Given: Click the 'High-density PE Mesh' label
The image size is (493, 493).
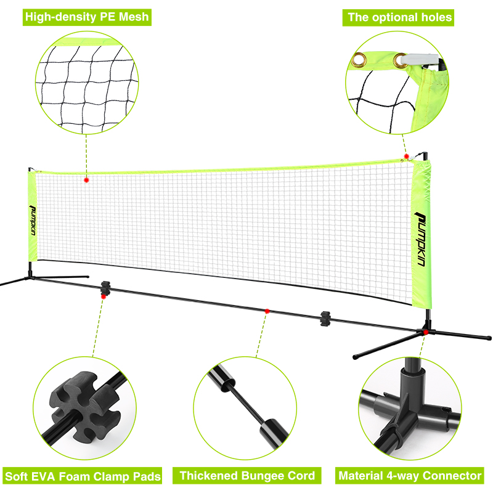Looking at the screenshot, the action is (x=87, y=17).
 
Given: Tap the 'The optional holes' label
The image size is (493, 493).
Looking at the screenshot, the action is (x=398, y=18).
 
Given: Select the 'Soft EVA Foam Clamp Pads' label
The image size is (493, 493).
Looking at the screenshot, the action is (x=83, y=476).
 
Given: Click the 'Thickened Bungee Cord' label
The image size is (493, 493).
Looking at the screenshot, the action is (x=247, y=476).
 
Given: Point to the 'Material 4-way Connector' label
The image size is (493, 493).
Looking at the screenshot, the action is (x=410, y=476).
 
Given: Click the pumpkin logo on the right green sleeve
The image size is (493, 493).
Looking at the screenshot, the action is (x=421, y=239).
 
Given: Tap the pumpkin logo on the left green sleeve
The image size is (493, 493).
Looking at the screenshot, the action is (x=33, y=220).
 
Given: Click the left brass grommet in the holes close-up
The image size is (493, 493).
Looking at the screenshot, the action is (x=359, y=59).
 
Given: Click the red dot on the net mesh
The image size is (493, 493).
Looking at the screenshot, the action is (x=86, y=180).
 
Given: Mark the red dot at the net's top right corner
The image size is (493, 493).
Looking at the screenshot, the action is (x=407, y=157).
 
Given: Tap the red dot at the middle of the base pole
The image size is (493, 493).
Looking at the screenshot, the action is (x=267, y=311).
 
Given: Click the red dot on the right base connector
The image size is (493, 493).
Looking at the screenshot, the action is (x=426, y=332).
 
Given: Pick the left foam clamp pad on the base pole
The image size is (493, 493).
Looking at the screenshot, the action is (x=105, y=288).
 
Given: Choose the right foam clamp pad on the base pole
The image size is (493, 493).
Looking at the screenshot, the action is (x=325, y=319).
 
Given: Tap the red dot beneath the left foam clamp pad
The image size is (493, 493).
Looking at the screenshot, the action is (x=104, y=296).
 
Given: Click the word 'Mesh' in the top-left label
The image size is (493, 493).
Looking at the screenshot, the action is (x=134, y=17).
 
